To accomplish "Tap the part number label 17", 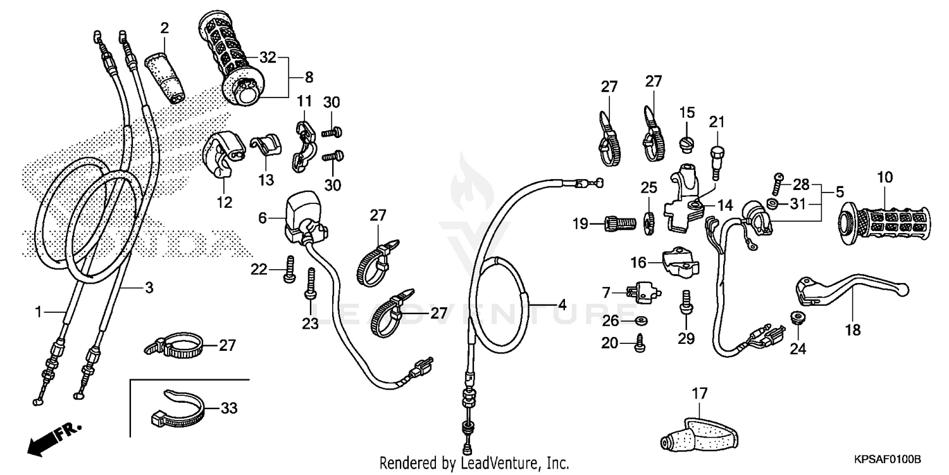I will [698, 393].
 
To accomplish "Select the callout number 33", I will [228, 408].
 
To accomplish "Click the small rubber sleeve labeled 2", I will [163, 76].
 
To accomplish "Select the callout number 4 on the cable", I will [561, 305].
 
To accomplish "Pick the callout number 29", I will [686, 338].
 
